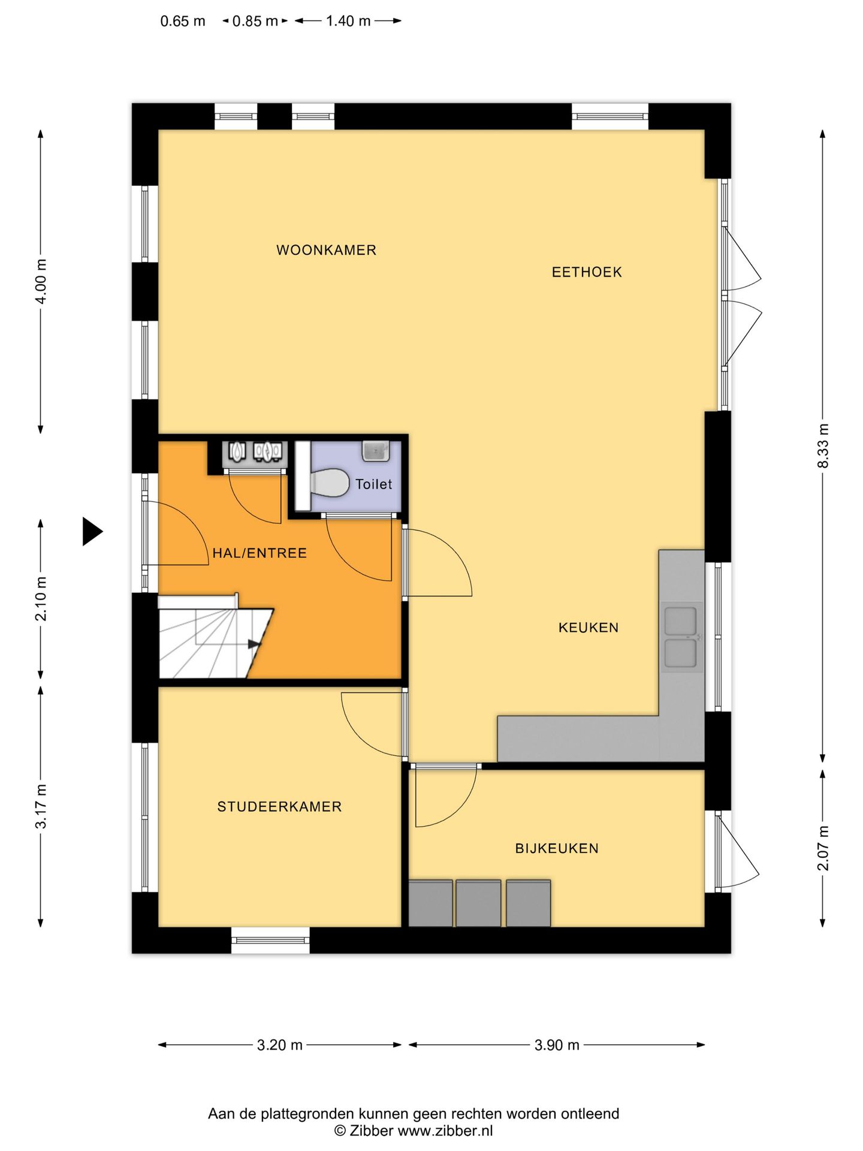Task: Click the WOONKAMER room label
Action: tap(326, 250)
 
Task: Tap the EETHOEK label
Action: tap(587, 272)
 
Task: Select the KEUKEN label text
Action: tap(589, 628)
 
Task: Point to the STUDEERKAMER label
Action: tap(279, 807)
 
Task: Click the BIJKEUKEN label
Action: tap(557, 848)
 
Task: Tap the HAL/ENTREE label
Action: tap(259, 553)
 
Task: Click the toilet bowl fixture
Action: tap(330, 483)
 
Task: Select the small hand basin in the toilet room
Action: tap(375, 451)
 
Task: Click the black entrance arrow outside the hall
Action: tap(92, 531)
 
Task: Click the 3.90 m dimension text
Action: tap(557, 1045)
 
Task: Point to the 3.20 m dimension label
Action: tap(279, 1045)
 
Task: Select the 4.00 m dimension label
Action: tap(41, 281)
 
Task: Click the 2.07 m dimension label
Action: tap(823, 848)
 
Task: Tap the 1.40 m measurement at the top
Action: tap(348, 21)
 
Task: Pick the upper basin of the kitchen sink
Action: tap(681, 621)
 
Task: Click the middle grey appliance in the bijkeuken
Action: tap(478, 903)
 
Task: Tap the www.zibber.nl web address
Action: tap(445, 1131)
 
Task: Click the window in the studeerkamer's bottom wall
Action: tap(271, 940)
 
